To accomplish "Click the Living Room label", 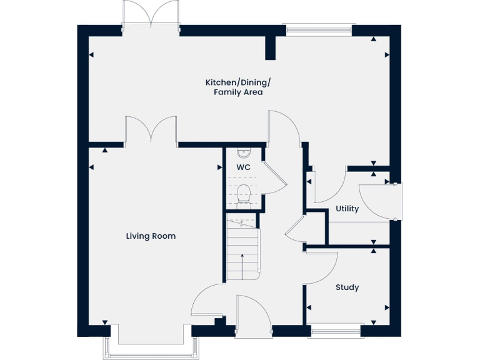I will click(x=151, y=236).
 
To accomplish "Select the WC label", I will click(x=243, y=168).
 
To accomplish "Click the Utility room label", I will click(x=347, y=209).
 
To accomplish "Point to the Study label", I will click(x=347, y=287).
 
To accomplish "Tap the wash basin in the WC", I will click(x=243, y=153).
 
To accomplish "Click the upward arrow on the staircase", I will click(x=242, y=266).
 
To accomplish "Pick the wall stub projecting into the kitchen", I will click(x=271, y=47).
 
